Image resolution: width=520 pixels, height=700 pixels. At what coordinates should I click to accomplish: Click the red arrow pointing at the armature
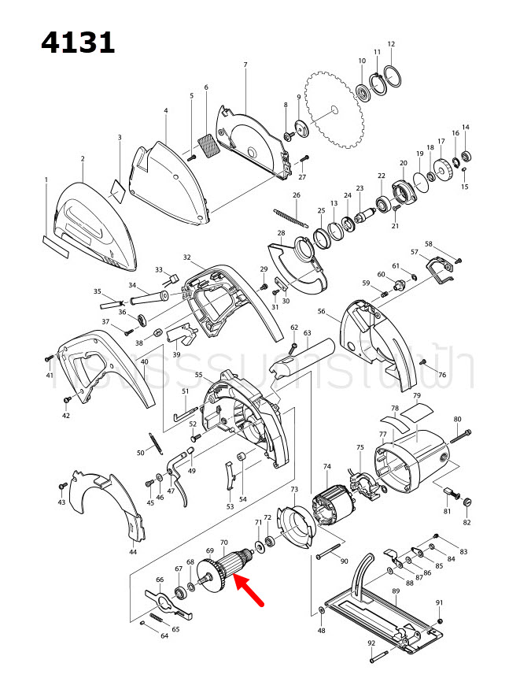click(252, 591)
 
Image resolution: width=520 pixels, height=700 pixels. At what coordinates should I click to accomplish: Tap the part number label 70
click(223, 542)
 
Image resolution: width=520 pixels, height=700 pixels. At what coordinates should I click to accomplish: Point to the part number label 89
click(396, 591)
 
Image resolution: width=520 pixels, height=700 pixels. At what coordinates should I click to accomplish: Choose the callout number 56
click(321, 311)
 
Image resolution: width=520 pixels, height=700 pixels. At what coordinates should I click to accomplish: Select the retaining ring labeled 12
click(393, 77)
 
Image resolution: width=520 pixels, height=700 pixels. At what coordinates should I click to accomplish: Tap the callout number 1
click(46, 180)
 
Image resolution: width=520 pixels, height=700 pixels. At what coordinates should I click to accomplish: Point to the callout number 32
click(187, 257)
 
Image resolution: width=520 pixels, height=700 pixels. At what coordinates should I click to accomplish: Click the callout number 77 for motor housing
click(382, 435)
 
